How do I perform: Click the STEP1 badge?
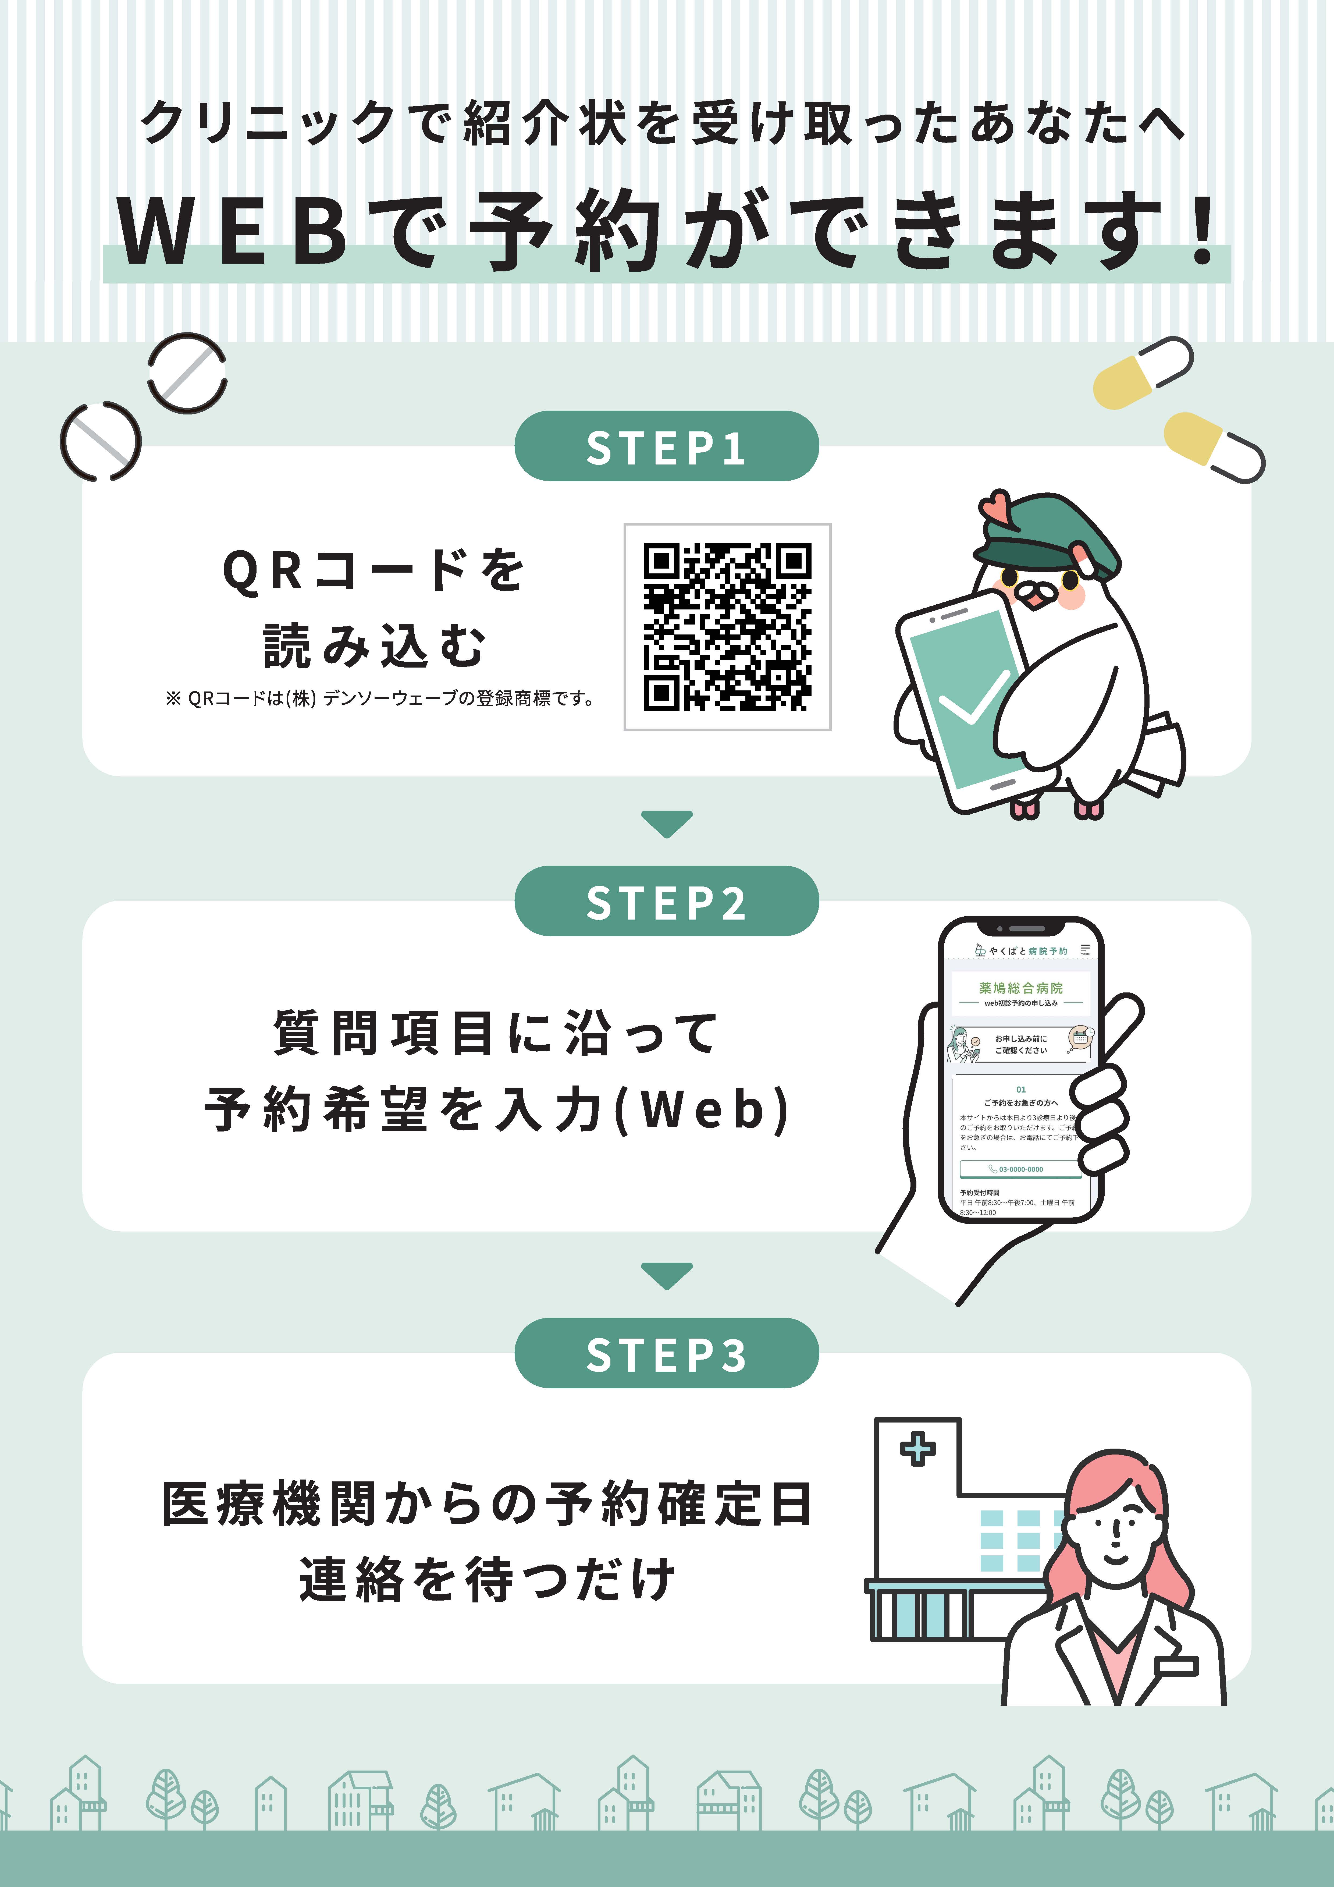tap(667, 447)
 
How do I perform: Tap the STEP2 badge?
tap(667, 902)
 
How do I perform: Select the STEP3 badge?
tap(667, 1354)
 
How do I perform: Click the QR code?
tap(727, 626)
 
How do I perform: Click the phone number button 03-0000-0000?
tap(1020, 1169)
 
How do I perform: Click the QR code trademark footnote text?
tap(380, 698)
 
